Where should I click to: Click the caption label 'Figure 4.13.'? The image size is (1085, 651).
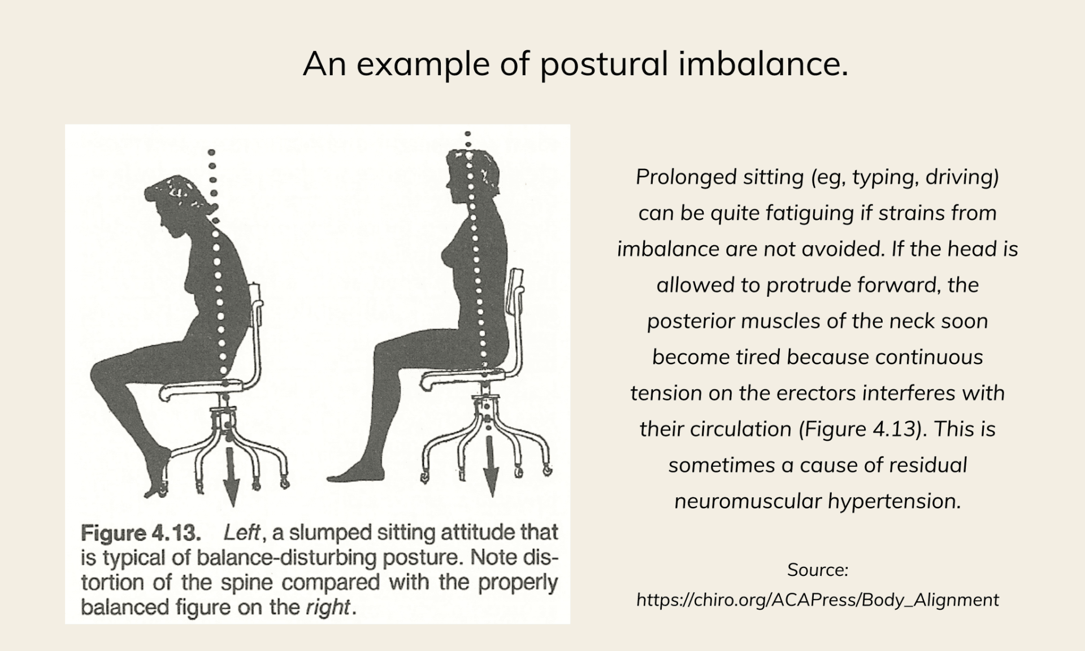pyautogui.click(x=141, y=533)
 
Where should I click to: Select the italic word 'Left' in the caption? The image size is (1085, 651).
pyautogui.click(x=242, y=532)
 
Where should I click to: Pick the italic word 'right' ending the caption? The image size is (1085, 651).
pyautogui.click(x=328, y=607)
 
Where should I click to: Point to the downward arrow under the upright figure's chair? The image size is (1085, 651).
pyautogui.click(x=491, y=463)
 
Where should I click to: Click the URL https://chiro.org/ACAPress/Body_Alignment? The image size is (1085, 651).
pyautogui.click(x=817, y=600)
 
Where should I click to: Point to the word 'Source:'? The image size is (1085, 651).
pyautogui.click(x=817, y=570)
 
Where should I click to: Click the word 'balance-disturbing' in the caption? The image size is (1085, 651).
pyautogui.click(x=287, y=558)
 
